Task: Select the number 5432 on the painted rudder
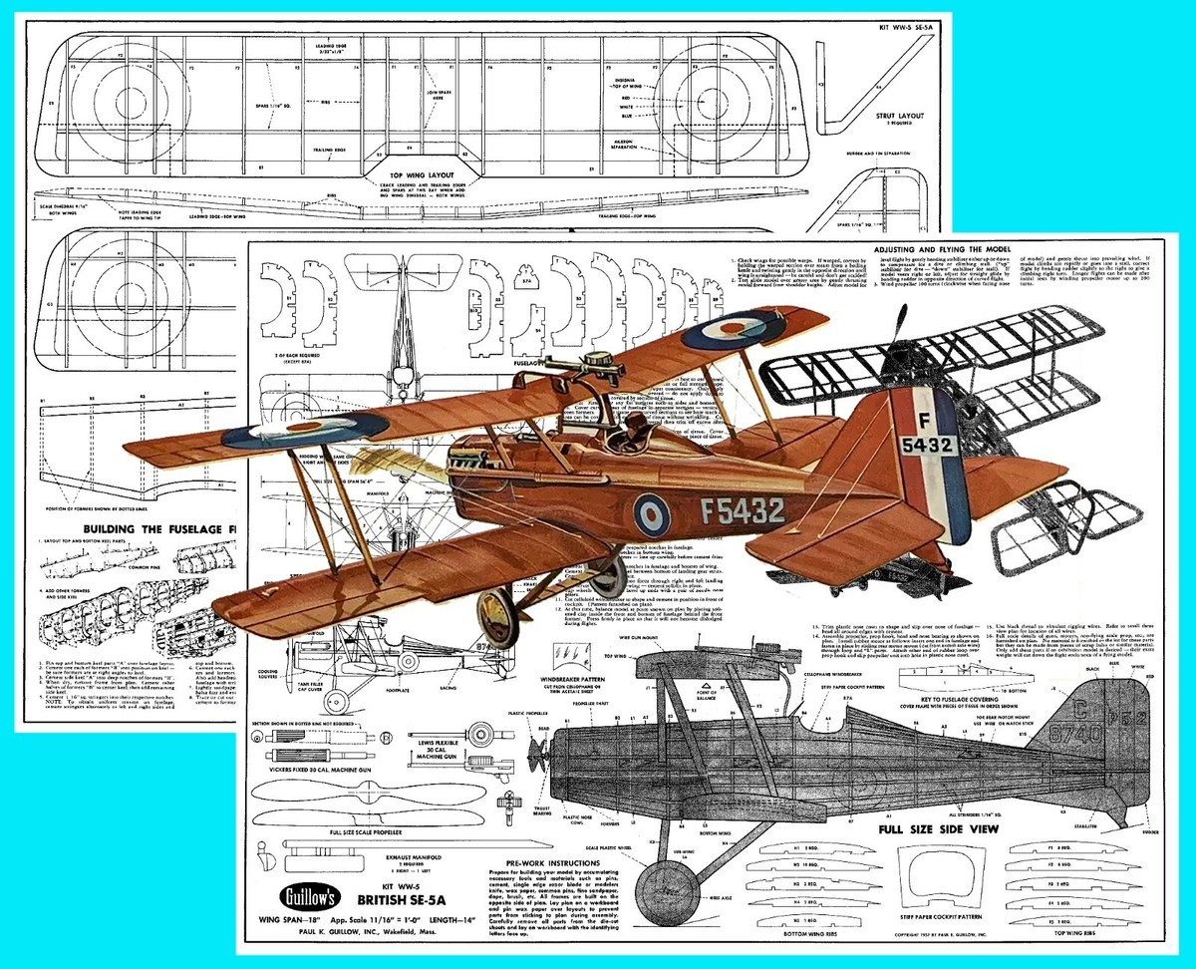click(926, 446)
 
